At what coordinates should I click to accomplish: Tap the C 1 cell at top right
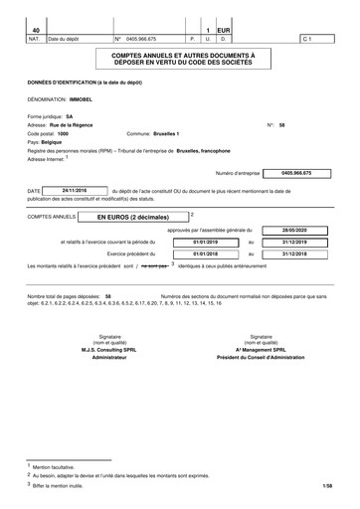point(307,40)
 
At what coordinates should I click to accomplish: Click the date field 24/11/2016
point(75,189)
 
